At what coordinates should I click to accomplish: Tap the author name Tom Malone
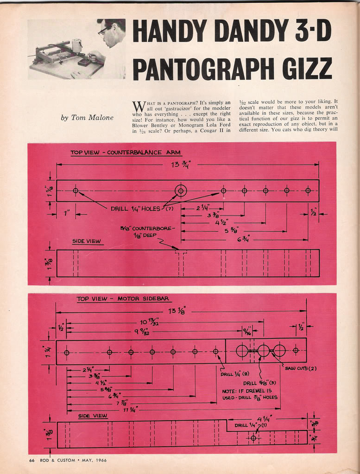[87, 118]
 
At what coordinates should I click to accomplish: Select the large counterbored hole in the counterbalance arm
[180, 190]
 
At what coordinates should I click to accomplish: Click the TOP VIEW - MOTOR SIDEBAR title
[123, 299]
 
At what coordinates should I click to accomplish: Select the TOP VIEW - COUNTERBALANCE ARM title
[125, 152]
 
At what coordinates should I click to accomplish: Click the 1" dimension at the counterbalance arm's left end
[67, 214]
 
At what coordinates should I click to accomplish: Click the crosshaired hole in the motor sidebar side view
[253, 437]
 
